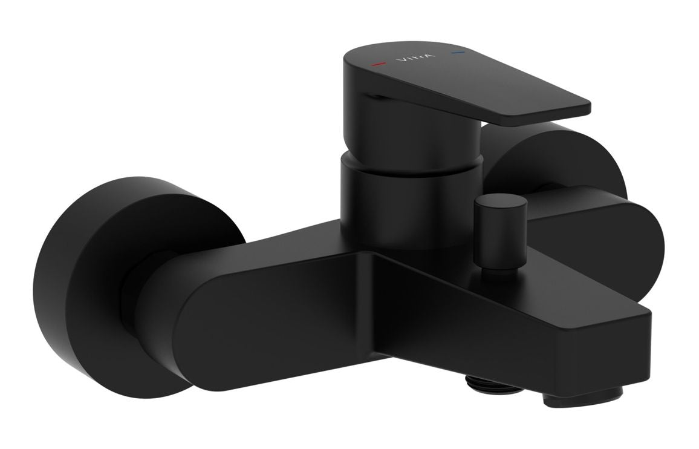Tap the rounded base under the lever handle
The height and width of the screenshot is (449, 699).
[411, 133]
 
